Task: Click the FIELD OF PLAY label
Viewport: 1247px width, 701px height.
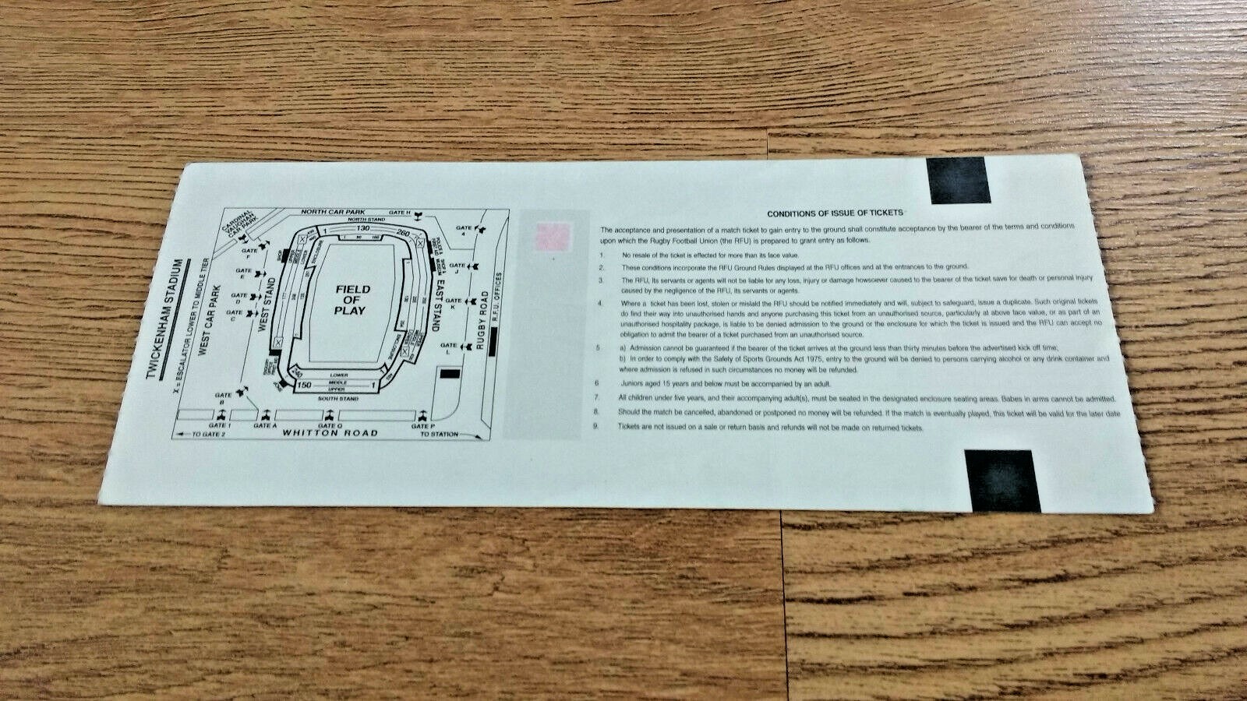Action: (352, 300)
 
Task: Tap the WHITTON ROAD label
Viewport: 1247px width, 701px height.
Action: (330, 433)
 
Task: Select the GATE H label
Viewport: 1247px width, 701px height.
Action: (399, 213)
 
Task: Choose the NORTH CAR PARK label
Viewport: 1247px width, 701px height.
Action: (337, 212)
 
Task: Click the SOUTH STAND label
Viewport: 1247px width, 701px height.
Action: (337, 399)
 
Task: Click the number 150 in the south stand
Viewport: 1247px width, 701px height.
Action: (304, 385)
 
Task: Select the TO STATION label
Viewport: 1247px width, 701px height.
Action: (440, 434)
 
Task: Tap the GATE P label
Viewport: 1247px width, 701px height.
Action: (422, 426)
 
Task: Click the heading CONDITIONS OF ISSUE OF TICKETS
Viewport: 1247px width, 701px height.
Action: (835, 213)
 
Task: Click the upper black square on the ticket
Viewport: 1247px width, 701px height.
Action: (957, 181)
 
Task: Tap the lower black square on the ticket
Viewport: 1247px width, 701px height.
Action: (1003, 481)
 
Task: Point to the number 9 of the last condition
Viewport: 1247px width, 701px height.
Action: (596, 427)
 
